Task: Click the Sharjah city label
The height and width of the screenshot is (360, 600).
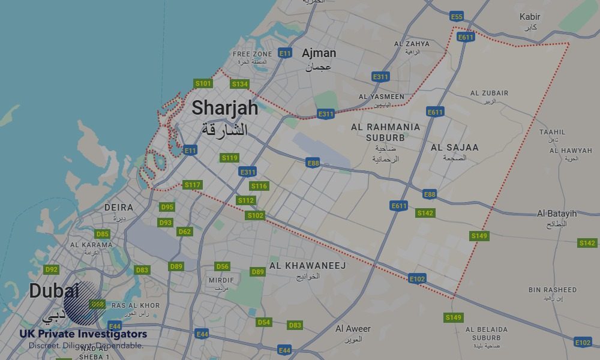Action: coord(225,108)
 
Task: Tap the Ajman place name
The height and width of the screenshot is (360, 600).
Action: coord(319,53)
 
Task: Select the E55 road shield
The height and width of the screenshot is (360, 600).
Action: coord(457,16)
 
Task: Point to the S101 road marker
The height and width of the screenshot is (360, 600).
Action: coord(203,83)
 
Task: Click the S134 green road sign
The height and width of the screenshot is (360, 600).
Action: coord(239,84)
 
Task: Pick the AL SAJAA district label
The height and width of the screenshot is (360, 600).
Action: coord(455,147)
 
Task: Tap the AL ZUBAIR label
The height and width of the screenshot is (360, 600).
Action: coord(489,93)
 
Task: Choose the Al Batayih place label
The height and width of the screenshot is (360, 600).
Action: coord(557,214)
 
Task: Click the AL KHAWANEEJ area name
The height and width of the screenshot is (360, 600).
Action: coord(307,265)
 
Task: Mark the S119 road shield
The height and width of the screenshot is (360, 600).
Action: coord(230,158)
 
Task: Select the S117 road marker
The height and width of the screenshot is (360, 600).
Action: coord(192,185)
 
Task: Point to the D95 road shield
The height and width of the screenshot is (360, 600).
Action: coord(167,207)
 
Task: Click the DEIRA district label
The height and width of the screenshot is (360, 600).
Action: coord(118,208)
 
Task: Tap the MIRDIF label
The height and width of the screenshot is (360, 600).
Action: coord(221,280)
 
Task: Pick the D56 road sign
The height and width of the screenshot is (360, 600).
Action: coord(222,266)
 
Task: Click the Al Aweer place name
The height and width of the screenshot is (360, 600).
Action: coord(353,329)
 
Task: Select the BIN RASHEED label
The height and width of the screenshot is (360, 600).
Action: coord(552,290)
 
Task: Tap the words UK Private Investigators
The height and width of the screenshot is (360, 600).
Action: coord(83,334)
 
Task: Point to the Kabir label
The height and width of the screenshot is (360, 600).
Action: coord(530,17)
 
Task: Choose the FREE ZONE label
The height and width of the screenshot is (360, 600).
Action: coord(252,54)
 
